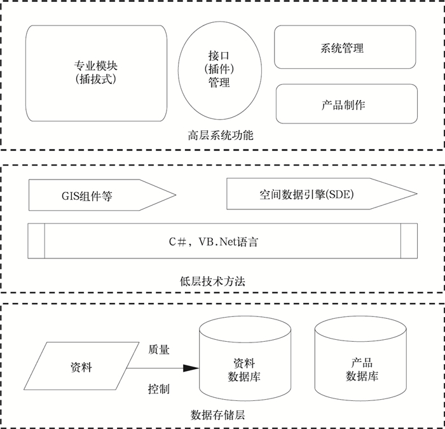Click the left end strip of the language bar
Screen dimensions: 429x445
(x=37, y=241)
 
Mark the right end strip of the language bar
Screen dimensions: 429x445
(x=409, y=241)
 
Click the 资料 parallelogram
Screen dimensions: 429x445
(x=81, y=368)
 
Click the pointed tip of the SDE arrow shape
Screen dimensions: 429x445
(x=416, y=194)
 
